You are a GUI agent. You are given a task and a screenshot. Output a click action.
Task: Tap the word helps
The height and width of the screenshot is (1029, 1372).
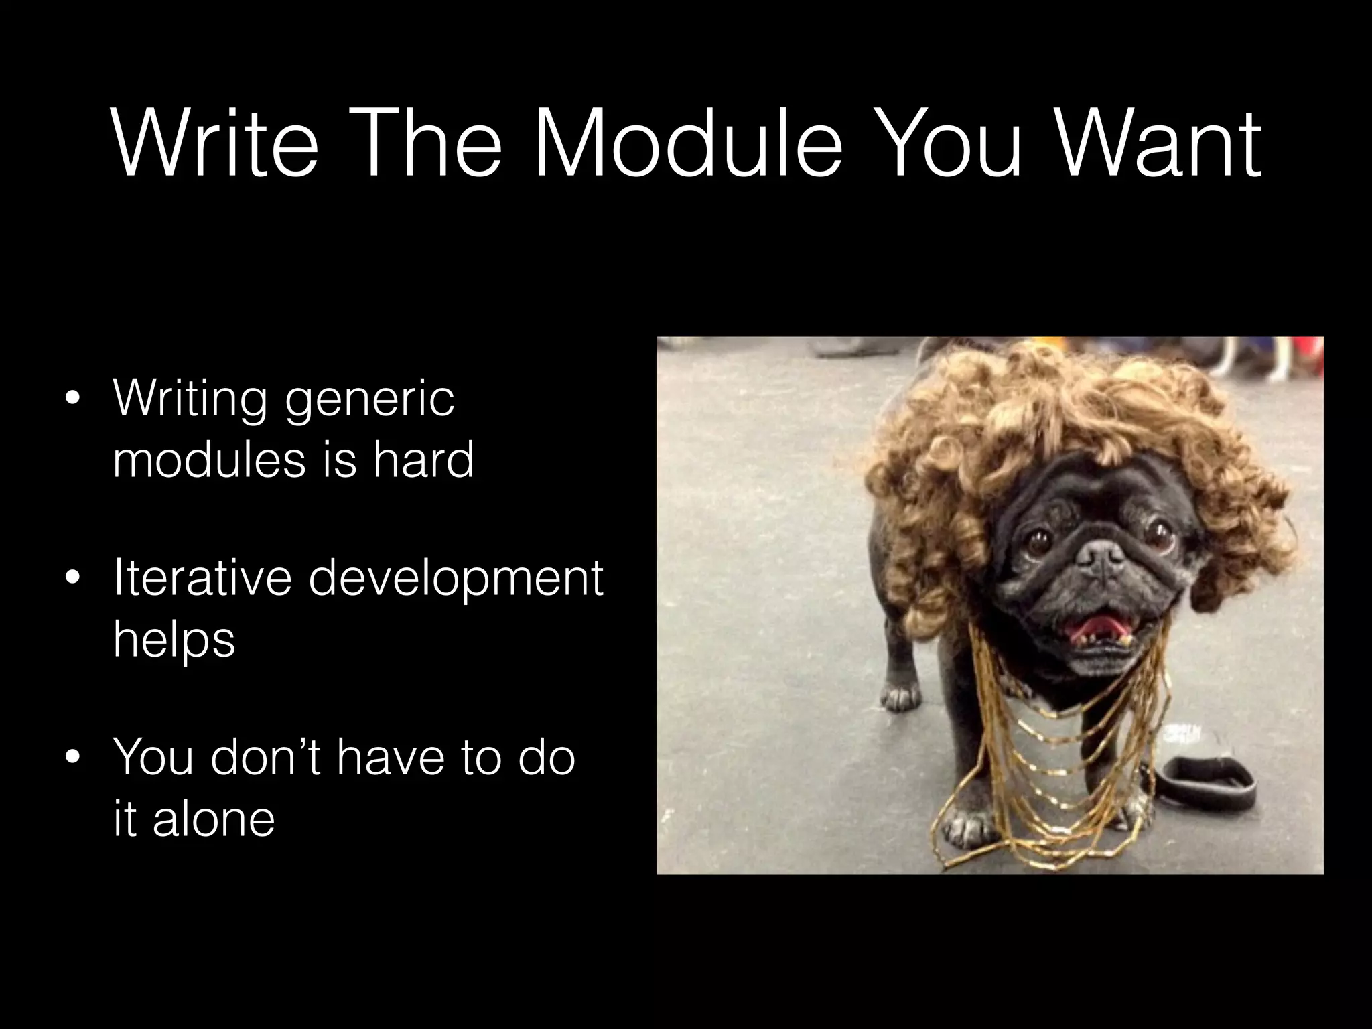[x=174, y=640]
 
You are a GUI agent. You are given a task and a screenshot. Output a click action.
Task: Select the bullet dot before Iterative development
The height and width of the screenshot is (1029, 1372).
[x=72, y=580]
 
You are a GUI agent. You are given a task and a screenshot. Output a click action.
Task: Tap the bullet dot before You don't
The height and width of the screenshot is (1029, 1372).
[x=72, y=759]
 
